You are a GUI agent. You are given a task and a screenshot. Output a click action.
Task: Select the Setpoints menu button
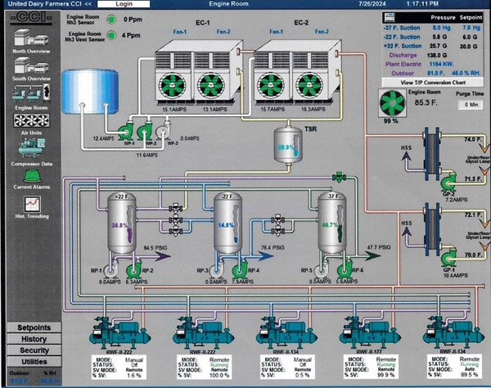click(34, 327)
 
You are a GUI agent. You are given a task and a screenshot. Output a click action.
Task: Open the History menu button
click(34, 339)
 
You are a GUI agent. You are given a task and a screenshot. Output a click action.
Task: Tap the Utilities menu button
click(34, 361)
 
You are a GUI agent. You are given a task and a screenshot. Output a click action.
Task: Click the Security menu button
click(34, 350)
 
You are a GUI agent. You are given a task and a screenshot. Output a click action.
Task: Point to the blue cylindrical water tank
click(86, 91)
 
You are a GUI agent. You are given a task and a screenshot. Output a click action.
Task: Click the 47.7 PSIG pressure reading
click(377, 246)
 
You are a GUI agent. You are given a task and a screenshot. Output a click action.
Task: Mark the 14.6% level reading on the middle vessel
click(227, 225)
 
